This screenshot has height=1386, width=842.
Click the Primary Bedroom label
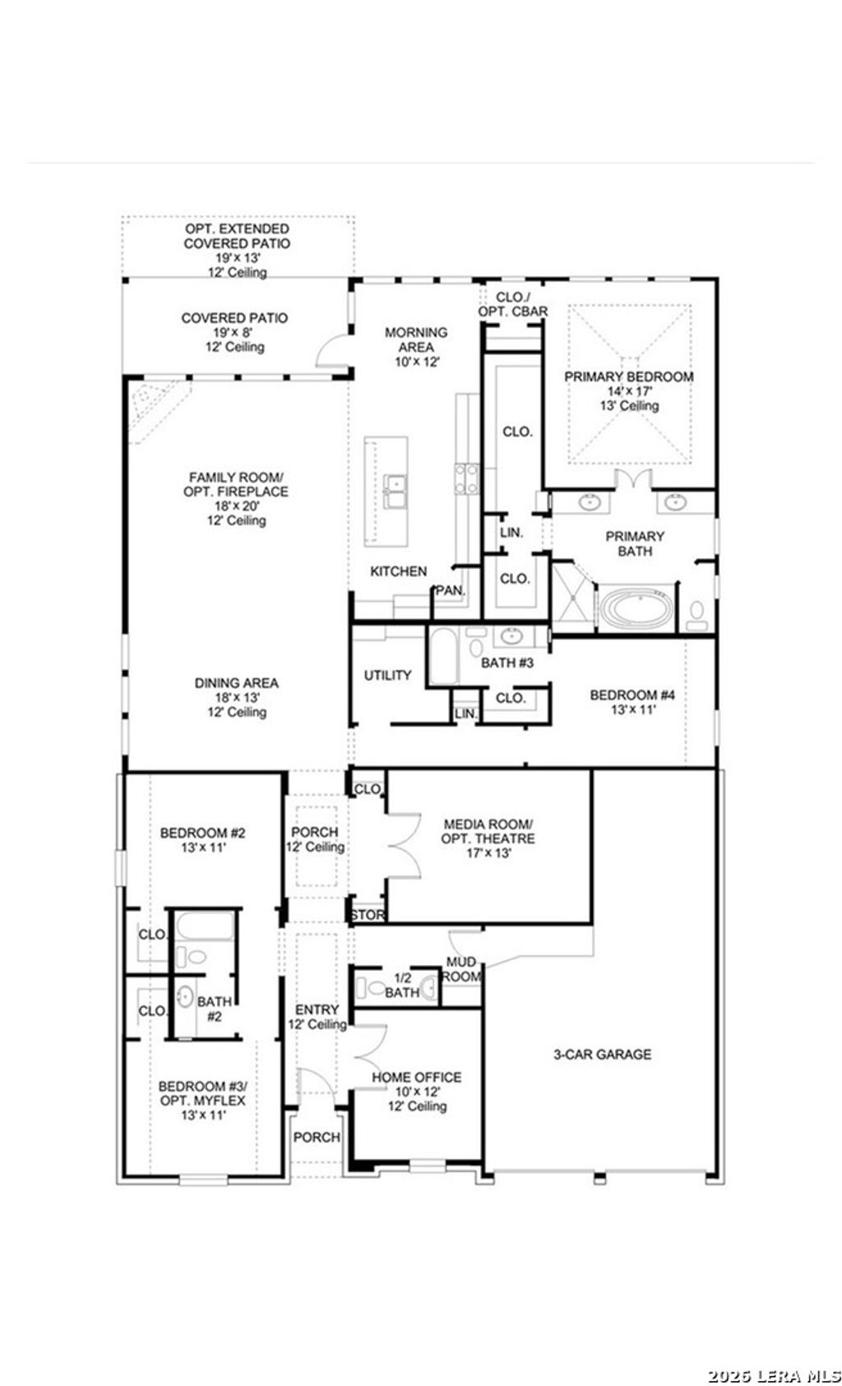628,377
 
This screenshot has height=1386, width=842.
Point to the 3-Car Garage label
602,1054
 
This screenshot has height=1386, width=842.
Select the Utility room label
387,675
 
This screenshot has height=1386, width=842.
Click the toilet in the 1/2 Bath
373,989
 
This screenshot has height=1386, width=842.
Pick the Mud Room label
462,968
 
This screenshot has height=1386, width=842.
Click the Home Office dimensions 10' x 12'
417,1091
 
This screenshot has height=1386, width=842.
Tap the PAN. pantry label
450,590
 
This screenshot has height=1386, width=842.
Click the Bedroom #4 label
632,695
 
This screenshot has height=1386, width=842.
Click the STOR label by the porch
365,915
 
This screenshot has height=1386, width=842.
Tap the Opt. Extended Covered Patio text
237,236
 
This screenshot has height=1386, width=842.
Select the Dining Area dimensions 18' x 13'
236,697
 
